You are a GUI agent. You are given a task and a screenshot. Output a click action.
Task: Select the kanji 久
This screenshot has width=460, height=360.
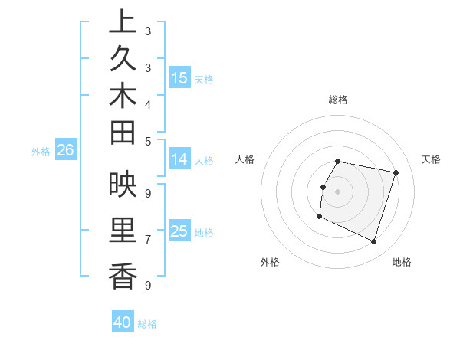pyautogui.click(x=123, y=61)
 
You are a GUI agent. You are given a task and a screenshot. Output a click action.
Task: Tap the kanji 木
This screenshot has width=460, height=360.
pyautogui.click(x=123, y=98)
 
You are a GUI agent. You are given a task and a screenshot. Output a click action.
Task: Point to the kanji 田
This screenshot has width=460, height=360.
pyautogui.click(x=123, y=135)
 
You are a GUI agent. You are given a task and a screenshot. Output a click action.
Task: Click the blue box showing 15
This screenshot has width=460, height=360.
pyautogui.click(x=179, y=77)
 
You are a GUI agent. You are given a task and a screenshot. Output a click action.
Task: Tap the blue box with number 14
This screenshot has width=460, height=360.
pyautogui.click(x=179, y=159)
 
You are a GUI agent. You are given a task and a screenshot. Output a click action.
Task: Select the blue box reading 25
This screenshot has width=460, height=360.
pyautogui.click(x=179, y=231)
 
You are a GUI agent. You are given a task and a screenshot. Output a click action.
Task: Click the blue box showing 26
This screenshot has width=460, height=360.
pyautogui.click(x=66, y=151)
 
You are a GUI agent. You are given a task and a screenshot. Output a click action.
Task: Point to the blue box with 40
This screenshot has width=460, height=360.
pyautogui.click(x=123, y=322)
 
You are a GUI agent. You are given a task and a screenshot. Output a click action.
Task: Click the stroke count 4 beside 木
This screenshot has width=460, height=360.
pyautogui.click(x=147, y=104)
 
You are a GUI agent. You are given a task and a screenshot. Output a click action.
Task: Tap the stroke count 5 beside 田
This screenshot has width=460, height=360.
pyautogui.click(x=147, y=141)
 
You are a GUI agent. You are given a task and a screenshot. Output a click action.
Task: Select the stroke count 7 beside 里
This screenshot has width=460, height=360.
pyautogui.click(x=147, y=239)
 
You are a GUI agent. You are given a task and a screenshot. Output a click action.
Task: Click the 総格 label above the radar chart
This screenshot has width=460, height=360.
pyautogui.click(x=337, y=100)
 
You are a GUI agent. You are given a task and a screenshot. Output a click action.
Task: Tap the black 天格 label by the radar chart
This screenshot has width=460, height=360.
pyautogui.click(x=431, y=159)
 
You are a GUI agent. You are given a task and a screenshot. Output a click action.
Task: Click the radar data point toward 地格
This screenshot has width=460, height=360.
pyautogui.click(x=374, y=242)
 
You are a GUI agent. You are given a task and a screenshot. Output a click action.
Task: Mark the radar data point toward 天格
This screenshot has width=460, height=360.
pyautogui.click(x=396, y=172)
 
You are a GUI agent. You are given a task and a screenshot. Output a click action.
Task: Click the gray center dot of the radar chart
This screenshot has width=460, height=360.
pyautogui.click(x=337, y=191)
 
